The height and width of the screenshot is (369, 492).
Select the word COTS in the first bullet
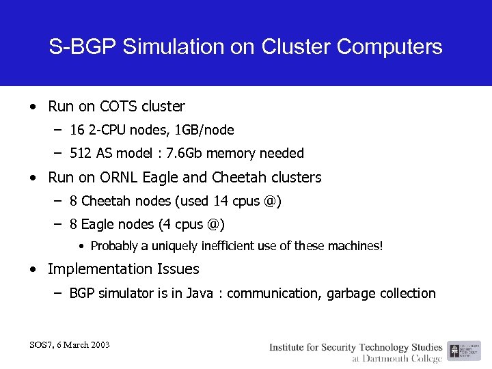click(118, 107)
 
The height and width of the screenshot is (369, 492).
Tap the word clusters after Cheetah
click(293, 178)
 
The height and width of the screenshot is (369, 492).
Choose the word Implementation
click(98, 269)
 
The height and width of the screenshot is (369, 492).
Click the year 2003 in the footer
click(98, 344)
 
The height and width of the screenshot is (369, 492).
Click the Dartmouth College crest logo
click(454, 351)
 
